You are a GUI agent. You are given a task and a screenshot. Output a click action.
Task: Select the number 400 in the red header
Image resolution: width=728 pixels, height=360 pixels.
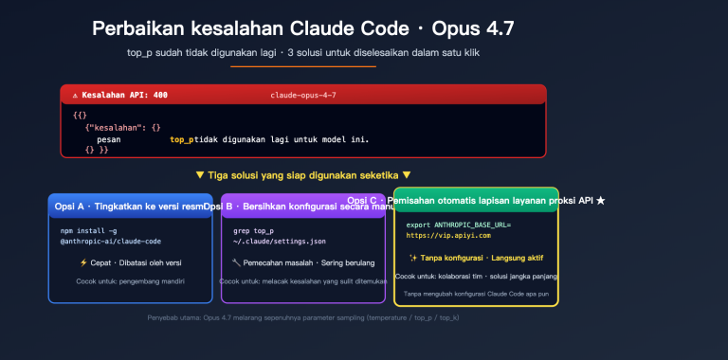click(x=159, y=96)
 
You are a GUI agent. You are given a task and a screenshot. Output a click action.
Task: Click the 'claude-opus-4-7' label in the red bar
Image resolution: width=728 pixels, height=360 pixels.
click(x=302, y=96)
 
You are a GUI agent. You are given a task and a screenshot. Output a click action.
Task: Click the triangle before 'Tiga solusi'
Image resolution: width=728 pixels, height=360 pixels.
click(x=199, y=175)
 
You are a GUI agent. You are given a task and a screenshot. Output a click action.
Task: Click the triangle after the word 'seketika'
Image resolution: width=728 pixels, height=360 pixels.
click(x=407, y=175)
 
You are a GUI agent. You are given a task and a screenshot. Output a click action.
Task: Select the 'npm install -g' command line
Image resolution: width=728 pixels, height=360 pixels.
click(x=90, y=230)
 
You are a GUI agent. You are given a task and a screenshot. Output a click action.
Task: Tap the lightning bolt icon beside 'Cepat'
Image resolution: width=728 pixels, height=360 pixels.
click(x=84, y=262)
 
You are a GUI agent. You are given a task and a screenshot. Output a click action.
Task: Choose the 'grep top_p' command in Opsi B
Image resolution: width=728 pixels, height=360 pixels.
click(x=253, y=230)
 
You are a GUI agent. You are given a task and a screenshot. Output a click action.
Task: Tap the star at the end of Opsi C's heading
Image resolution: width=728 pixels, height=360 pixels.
click(x=600, y=201)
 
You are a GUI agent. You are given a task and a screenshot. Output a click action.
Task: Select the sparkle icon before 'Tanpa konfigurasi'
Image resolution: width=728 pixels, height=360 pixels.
click(x=413, y=258)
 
